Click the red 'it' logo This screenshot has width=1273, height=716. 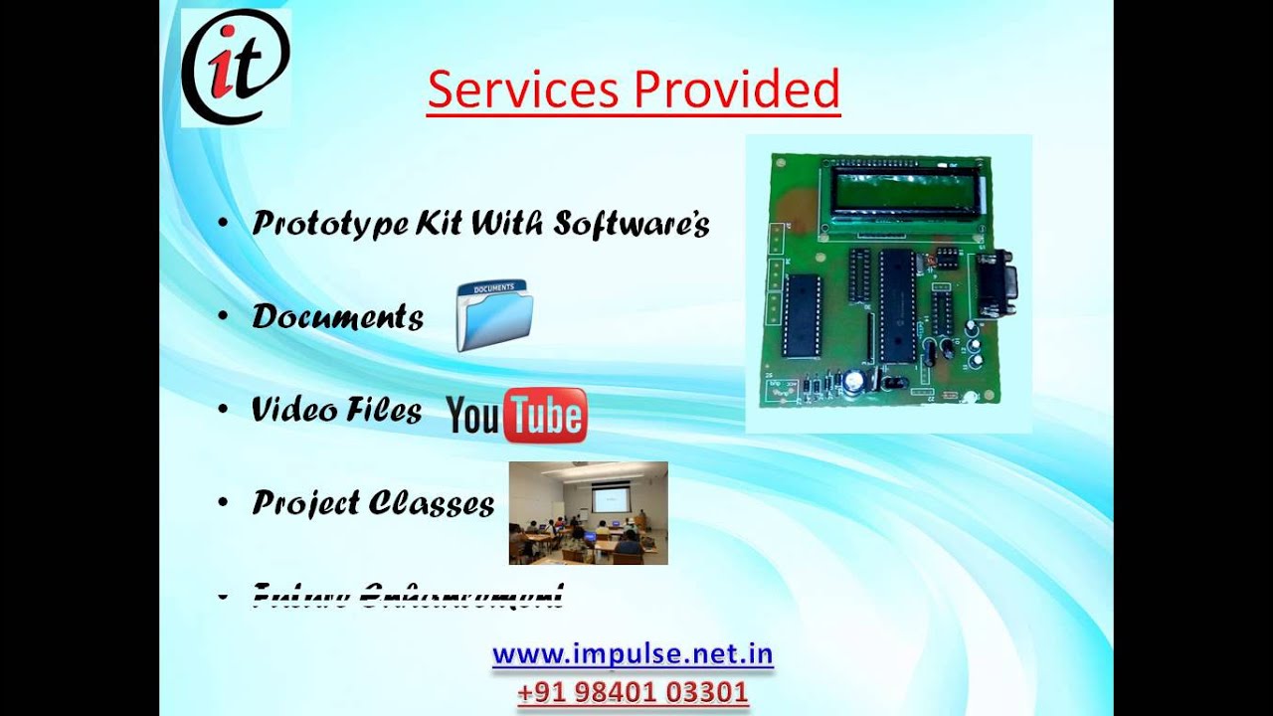(x=236, y=67)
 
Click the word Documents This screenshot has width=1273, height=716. (x=338, y=316)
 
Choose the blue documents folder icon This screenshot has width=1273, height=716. (x=494, y=316)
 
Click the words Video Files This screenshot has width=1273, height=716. (x=337, y=410)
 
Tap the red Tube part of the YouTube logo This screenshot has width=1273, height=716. (x=545, y=416)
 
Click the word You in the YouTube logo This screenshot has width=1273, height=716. (x=473, y=417)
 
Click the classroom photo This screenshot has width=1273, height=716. (x=588, y=513)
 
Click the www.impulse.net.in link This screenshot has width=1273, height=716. (x=633, y=654)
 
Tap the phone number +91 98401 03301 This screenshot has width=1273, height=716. (x=633, y=691)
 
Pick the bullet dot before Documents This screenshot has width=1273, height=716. (x=223, y=316)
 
